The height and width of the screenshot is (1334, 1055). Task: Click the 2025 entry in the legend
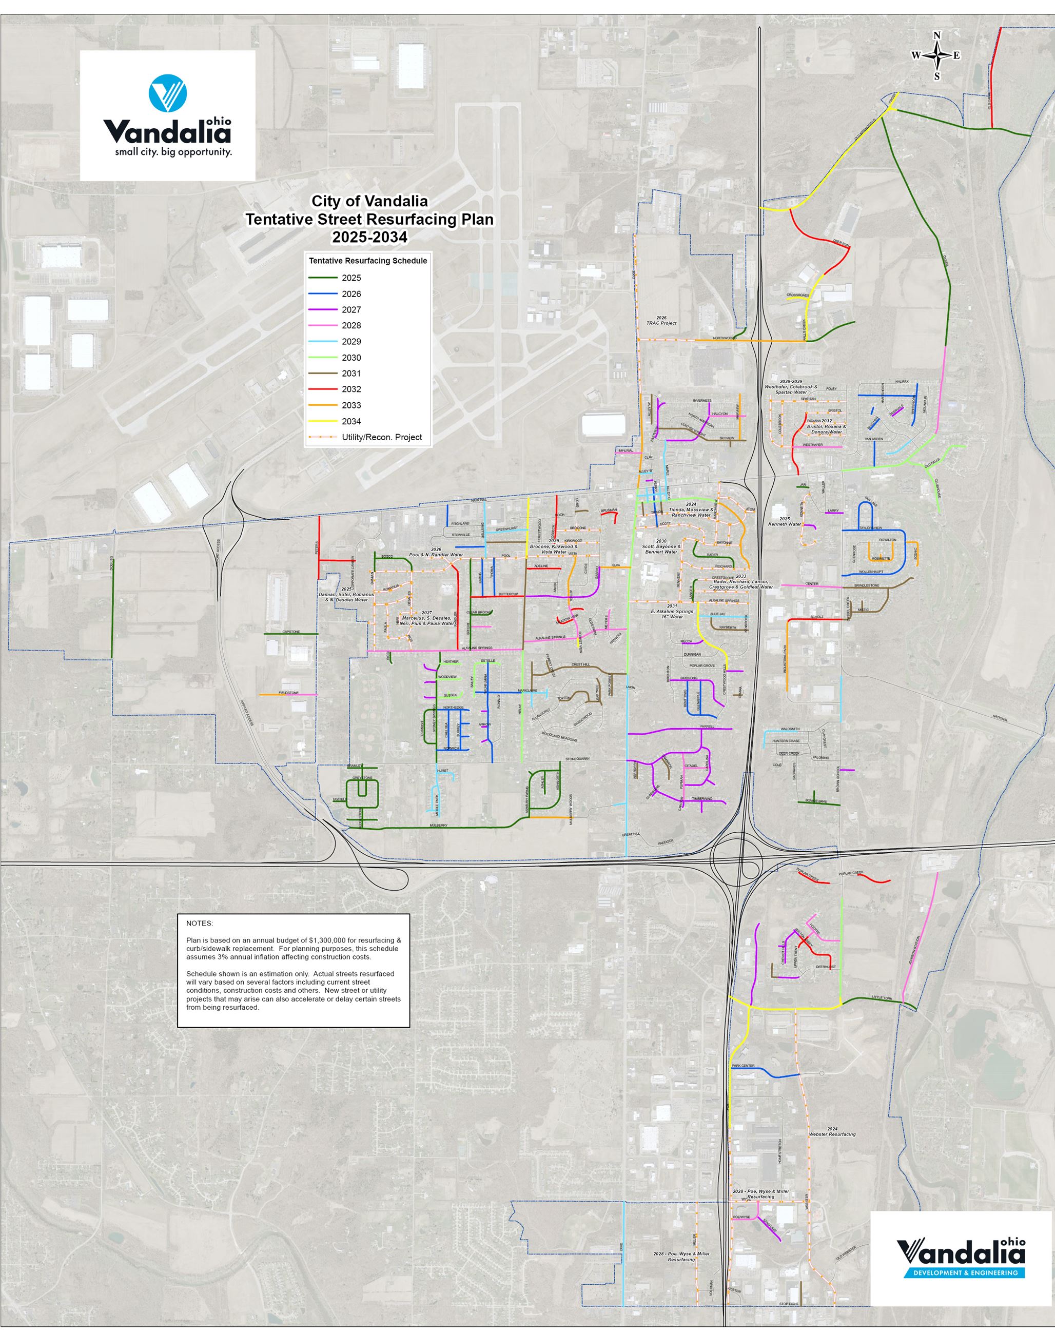tap(351, 278)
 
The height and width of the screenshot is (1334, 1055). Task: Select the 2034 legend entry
tap(351, 421)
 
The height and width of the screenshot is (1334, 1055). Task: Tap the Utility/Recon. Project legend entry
tap(381, 437)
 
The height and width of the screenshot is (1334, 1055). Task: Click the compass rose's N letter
tap(937, 35)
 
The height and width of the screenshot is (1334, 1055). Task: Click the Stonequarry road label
tap(578, 759)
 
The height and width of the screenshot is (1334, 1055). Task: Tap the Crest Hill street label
tap(581, 664)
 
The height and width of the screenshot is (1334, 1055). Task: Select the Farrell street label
tap(707, 727)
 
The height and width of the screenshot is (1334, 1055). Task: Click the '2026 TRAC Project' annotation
tap(661, 320)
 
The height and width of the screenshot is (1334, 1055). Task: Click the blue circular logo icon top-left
tap(167, 93)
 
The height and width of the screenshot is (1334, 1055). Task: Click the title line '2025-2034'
tap(369, 237)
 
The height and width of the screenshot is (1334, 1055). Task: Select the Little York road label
tap(882, 998)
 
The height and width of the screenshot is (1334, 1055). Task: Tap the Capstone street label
tap(290, 632)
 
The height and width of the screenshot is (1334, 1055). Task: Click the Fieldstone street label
tap(288, 693)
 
